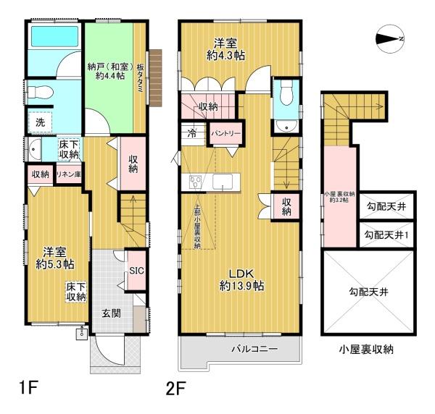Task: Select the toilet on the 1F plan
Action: [44, 93]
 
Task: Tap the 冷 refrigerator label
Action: [191, 133]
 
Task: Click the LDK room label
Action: [240, 273]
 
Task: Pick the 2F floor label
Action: [178, 389]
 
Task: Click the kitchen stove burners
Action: [194, 180]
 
